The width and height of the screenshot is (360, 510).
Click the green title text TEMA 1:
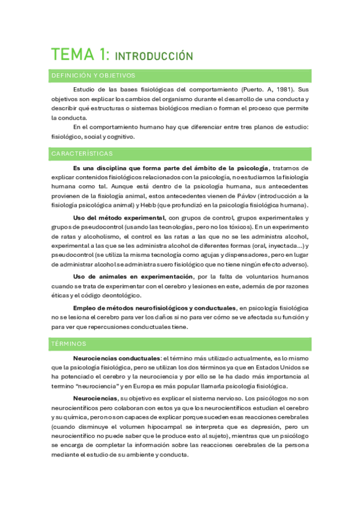[x=79, y=55]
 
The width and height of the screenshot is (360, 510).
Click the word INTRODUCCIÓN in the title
[x=153, y=57]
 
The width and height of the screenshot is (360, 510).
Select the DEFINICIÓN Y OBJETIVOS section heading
[x=93, y=76]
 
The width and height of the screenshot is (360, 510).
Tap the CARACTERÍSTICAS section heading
[x=82, y=154]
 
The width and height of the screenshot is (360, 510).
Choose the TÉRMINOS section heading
[x=69, y=344]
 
